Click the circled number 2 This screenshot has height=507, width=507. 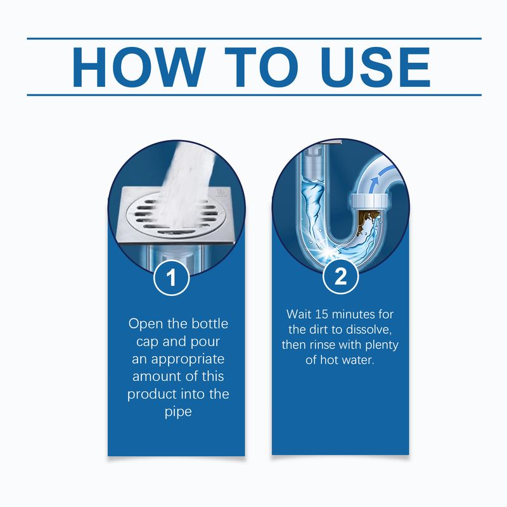point(340,278)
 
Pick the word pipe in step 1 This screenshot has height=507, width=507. point(177,412)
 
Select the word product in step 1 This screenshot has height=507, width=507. point(151,394)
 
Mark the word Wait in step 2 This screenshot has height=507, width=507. point(300,314)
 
